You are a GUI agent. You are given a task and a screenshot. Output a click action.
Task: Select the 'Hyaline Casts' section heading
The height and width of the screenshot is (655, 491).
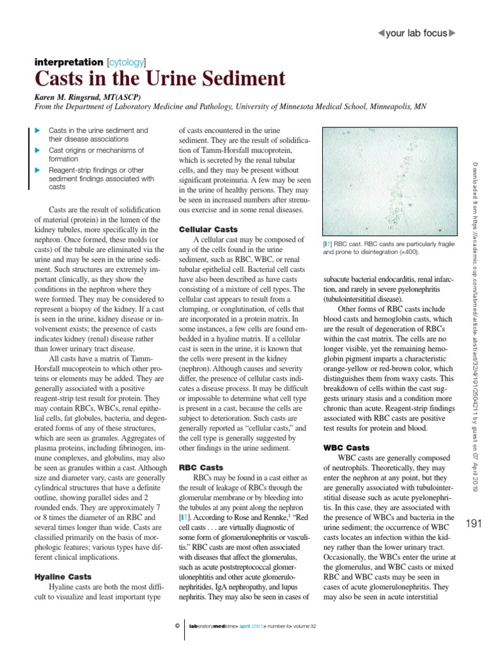pyautogui.click(x=61, y=577)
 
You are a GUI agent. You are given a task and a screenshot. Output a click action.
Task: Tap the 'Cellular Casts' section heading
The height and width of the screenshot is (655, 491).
pyautogui.click(x=208, y=229)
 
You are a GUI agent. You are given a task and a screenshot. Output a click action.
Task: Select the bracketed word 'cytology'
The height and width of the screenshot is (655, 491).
pyautogui.click(x=126, y=62)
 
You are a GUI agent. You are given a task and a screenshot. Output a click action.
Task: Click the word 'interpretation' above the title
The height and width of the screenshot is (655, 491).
pyautogui.click(x=67, y=62)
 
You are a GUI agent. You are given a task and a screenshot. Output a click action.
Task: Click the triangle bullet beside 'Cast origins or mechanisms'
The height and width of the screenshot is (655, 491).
pyautogui.click(x=37, y=150)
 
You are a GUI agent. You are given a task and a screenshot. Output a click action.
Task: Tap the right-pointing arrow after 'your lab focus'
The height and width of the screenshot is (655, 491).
pyautogui.click(x=453, y=33)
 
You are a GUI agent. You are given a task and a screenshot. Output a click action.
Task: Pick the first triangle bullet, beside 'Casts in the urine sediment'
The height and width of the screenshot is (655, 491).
pyautogui.click(x=37, y=130)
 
